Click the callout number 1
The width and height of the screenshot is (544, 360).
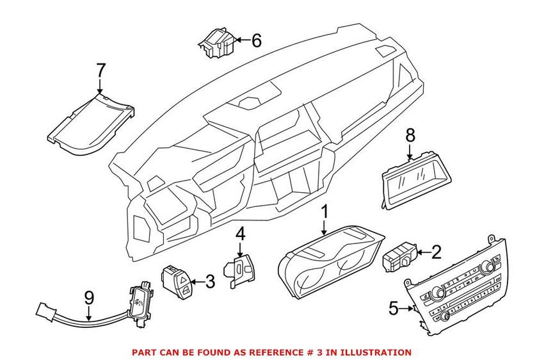click(325, 213)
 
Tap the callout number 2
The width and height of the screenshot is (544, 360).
click(436, 252)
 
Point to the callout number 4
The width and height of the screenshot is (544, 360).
click(240, 234)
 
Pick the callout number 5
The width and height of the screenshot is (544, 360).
click(394, 309)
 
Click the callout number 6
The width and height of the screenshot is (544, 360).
click(256, 40)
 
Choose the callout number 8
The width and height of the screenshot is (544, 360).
click(410, 136)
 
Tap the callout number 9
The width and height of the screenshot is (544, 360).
click(89, 299)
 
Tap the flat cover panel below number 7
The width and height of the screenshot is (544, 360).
click(91, 124)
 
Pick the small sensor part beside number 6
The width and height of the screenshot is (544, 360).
click(217, 42)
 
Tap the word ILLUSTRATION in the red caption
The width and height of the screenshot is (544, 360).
click(376, 352)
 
